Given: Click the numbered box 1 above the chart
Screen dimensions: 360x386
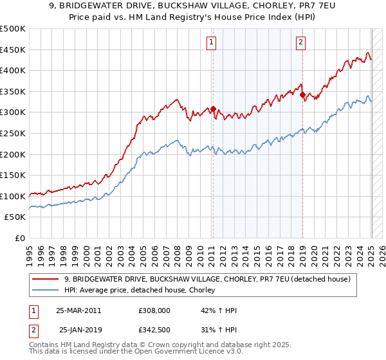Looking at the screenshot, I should pos(212,43).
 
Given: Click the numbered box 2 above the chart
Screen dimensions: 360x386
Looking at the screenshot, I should pos(300,43).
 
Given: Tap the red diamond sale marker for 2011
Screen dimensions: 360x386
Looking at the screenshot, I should pos(213,109).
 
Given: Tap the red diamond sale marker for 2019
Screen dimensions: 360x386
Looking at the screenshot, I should pos(302,94).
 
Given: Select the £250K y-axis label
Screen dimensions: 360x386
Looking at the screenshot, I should pos(13,133).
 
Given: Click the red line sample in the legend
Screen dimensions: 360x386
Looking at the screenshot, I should pos(46,279).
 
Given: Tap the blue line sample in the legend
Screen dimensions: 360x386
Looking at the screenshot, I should pos(46,291).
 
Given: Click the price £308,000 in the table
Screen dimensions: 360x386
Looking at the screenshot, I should pos(153,310).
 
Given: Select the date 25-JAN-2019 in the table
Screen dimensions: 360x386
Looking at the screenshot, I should pos(80,330).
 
